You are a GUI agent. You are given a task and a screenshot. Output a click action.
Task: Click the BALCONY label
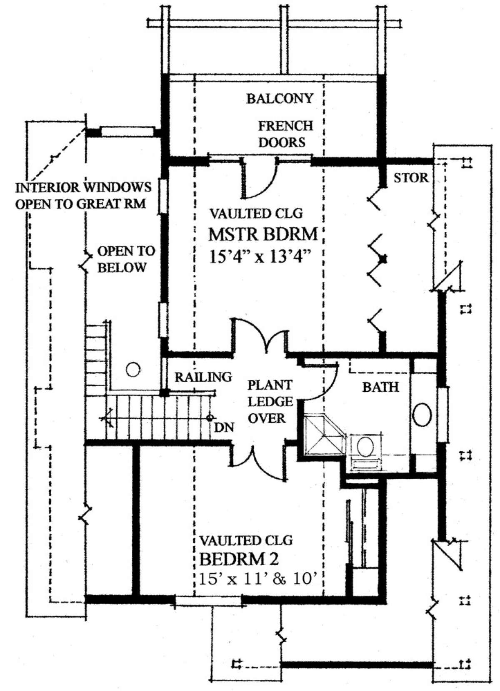click(x=279, y=99)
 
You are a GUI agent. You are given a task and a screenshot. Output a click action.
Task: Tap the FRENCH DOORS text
click(x=285, y=134)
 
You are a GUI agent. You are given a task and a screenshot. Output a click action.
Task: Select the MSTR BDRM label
click(x=262, y=234)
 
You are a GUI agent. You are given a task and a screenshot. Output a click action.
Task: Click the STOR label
click(x=411, y=178)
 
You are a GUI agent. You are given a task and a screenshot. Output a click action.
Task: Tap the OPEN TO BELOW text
click(x=125, y=259)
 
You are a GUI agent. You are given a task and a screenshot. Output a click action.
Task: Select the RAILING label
click(x=203, y=377)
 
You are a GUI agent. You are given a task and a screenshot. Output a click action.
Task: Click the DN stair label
click(x=224, y=427)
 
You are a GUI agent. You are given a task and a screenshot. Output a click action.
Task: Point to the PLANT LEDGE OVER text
click(x=270, y=402)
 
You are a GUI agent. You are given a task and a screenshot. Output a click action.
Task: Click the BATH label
click(x=380, y=387)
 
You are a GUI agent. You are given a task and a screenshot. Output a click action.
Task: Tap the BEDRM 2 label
click(x=239, y=559)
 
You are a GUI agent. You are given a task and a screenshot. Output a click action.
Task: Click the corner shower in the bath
click(x=324, y=435)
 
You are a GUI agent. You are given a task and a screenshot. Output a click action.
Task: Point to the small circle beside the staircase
click(x=133, y=369)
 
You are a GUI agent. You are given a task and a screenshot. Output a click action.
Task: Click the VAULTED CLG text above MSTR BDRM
click(x=255, y=214)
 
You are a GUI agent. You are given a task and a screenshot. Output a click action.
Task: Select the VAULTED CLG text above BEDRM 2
click(x=246, y=541)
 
